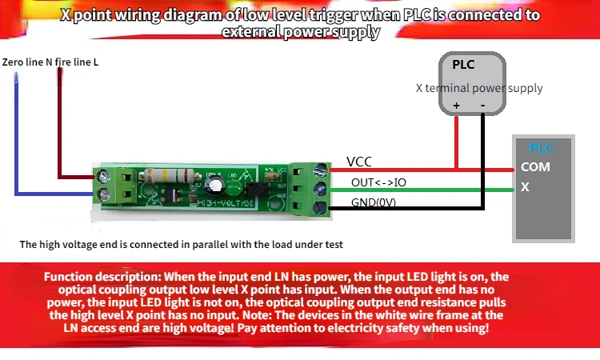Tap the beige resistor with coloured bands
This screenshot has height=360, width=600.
pyautogui.click(x=159, y=178)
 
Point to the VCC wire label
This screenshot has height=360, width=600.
pyautogui.click(x=358, y=162)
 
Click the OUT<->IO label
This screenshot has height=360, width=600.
pyautogui.click(x=378, y=182)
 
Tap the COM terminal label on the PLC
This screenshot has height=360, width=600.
pyautogui.click(x=535, y=167)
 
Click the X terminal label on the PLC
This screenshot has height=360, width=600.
pyautogui.click(x=525, y=187)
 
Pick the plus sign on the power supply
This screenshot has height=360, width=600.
pyautogui.click(x=457, y=105)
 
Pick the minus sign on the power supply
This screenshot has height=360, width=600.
pyautogui.click(x=482, y=105)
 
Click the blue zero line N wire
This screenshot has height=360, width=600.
pyautogui.click(x=16, y=136)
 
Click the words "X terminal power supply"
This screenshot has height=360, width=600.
pyautogui.click(x=479, y=88)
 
